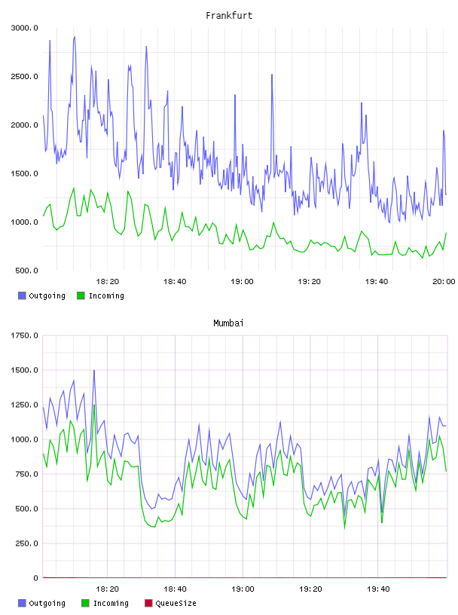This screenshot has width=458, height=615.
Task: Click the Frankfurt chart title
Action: point(229,15)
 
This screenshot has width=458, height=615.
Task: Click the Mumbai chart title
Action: point(228,323)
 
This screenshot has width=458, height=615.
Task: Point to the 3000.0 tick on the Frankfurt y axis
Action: point(24,28)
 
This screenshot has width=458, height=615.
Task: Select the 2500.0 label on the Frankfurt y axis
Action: point(24,76)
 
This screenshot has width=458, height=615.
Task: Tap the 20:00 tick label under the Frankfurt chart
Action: point(444,281)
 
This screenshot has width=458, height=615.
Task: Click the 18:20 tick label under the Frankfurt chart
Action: point(108,281)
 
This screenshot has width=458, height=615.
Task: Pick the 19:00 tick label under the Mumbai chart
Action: point(243,589)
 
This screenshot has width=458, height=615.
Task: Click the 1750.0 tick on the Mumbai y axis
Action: point(24,335)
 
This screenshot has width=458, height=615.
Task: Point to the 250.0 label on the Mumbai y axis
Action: point(26,543)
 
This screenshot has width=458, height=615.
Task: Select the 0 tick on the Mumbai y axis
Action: point(35,578)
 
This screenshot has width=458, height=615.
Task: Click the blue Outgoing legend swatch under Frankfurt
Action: point(22,295)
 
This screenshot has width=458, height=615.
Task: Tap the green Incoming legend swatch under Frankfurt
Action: point(81,295)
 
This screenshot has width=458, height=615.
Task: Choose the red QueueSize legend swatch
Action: point(148,603)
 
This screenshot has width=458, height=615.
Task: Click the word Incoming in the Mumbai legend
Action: point(111,603)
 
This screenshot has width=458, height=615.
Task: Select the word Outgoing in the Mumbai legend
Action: point(47,603)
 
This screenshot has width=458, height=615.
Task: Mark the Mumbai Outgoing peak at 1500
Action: point(94,370)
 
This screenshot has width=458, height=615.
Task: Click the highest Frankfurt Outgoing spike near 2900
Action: point(75,37)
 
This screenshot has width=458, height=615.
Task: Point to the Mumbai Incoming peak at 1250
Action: point(94,405)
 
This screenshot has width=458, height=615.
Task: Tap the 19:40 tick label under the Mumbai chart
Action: point(378,589)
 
